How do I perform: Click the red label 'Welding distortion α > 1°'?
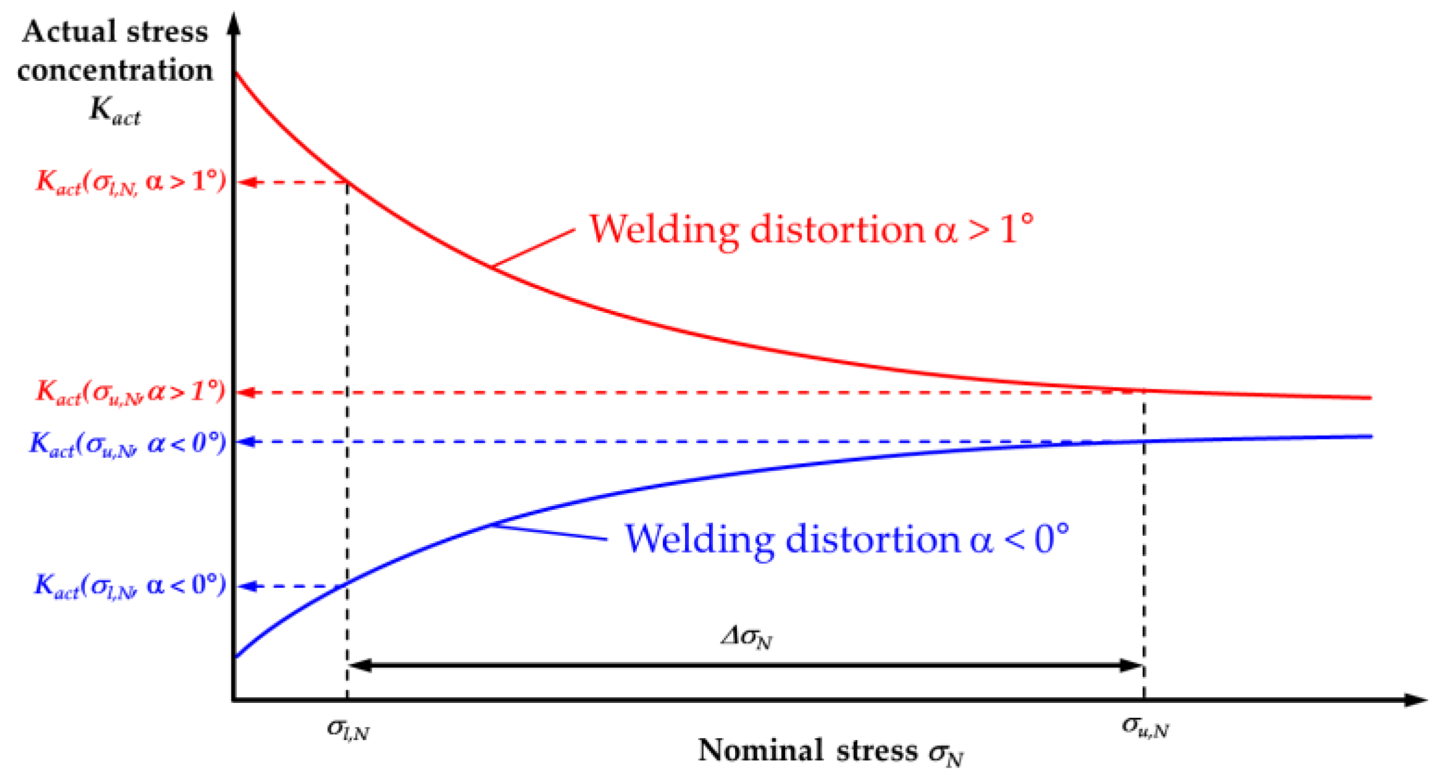pyautogui.click(x=810, y=230)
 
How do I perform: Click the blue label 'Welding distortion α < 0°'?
pyautogui.click(x=846, y=539)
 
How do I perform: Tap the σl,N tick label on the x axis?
pyautogui.click(x=348, y=730)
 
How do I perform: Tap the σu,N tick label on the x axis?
pyautogui.click(x=1145, y=728)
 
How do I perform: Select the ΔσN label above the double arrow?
pyautogui.click(x=747, y=638)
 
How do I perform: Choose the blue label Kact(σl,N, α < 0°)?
pyautogui.click(x=130, y=586)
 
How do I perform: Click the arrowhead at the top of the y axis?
pyautogui.click(x=234, y=23)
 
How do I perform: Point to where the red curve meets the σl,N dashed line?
pyautogui.click(x=347, y=181)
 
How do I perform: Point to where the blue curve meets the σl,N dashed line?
pyautogui.click(x=347, y=583)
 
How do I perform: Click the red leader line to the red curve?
pyautogui.click(x=534, y=248)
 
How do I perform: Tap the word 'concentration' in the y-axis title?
pyautogui.click(x=115, y=70)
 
